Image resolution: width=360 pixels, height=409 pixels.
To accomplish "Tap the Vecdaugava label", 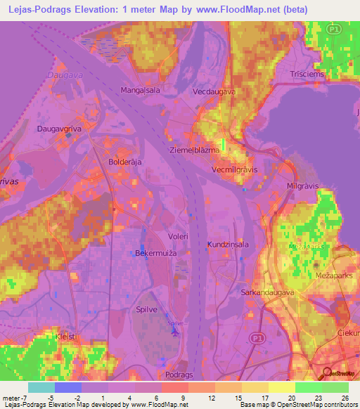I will pos(214,92).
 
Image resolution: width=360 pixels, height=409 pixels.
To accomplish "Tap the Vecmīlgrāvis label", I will pos(236,170).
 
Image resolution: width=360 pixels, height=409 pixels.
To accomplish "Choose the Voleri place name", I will pos(178,237).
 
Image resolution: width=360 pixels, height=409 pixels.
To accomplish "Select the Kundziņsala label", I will pos(226,245).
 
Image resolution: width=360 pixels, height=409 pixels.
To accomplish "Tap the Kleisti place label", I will pos(66,337).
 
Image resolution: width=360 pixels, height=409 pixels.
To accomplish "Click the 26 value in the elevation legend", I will pos(344,398).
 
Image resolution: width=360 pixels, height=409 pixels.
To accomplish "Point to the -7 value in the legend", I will pos(21,398).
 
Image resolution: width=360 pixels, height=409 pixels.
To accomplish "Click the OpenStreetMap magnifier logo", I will pos(326,373).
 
